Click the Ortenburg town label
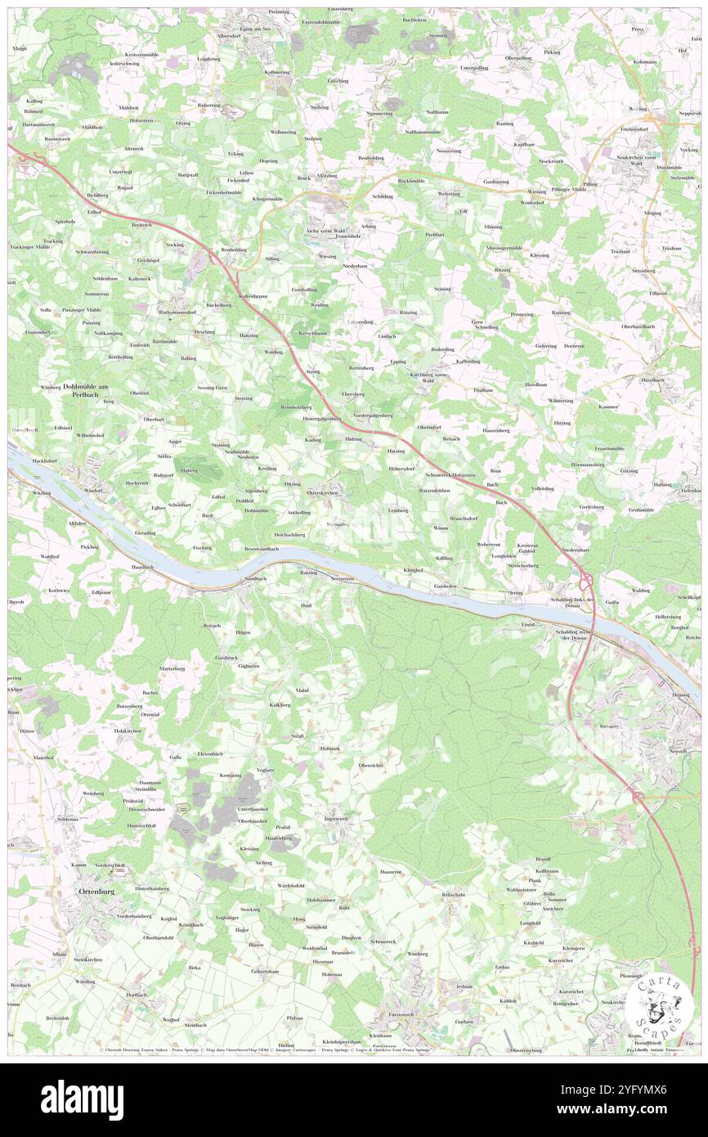coord(92,890)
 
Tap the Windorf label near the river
coord(94,490)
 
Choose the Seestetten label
coord(343,578)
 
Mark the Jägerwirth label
coord(336,818)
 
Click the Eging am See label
coord(255,29)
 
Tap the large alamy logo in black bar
coord(82,1099)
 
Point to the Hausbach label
coord(144,567)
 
